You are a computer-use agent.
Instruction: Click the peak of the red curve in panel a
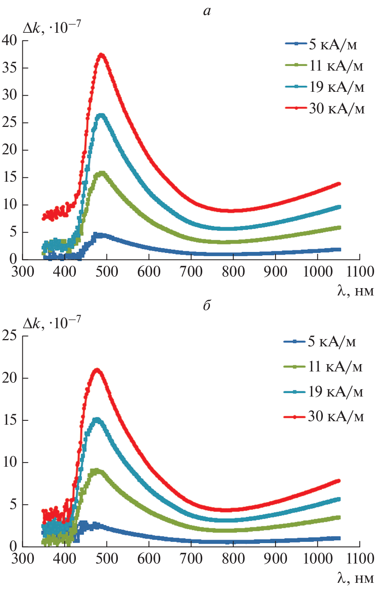click(x=101, y=55)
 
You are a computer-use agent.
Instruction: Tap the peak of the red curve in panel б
click(x=97, y=370)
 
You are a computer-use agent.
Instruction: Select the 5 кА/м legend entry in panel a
click(x=321, y=44)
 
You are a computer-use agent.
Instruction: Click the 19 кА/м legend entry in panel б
click(x=323, y=392)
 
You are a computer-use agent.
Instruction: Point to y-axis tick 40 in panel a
click(x=10, y=40)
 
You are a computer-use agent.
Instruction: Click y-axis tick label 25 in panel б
click(x=10, y=336)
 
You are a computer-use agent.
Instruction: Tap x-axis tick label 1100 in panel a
click(x=360, y=272)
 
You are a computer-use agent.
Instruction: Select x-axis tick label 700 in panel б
click(x=191, y=559)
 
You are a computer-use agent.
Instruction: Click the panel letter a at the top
click(x=207, y=11)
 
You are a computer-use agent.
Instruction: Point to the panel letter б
click(x=207, y=305)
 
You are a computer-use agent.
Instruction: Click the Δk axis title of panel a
click(x=52, y=28)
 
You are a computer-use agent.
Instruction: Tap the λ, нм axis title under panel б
click(x=355, y=578)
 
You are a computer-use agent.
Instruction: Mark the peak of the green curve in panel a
click(x=102, y=173)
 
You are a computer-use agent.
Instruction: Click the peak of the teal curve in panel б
click(x=97, y=420)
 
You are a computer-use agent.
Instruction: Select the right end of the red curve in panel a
click(x=339, y=184)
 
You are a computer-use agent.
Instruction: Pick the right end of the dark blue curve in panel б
click(x=339, y=538)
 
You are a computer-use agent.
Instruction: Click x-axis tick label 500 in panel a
click(x=107, y=272)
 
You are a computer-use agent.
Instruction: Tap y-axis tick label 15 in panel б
click(x=10, y=420)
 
